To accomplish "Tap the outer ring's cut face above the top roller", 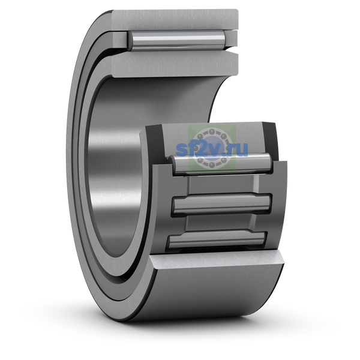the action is (175, 19).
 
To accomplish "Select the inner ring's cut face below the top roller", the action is (175, 64).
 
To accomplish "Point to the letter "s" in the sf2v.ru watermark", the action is (181, 150).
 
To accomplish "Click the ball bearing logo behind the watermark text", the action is (212, 149).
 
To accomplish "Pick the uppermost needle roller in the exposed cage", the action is (220, 164).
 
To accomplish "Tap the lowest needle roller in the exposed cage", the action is (217, 240).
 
